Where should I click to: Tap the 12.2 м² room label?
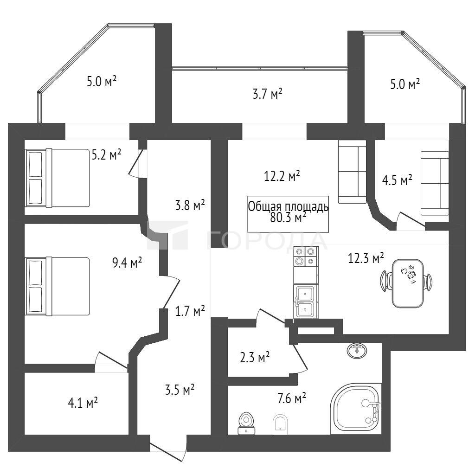282,176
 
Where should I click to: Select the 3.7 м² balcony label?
268,94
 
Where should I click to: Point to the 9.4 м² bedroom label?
127,263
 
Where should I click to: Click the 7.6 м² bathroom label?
292,398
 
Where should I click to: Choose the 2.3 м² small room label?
255,358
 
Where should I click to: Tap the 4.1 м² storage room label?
83,403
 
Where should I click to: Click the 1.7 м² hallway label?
190,311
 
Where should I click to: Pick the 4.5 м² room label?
397,180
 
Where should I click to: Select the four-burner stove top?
306,256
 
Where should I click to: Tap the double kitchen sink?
306,302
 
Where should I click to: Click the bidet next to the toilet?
280,424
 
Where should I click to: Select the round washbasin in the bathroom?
356,351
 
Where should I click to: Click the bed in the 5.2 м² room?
58,178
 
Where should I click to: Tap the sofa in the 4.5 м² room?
435,183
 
